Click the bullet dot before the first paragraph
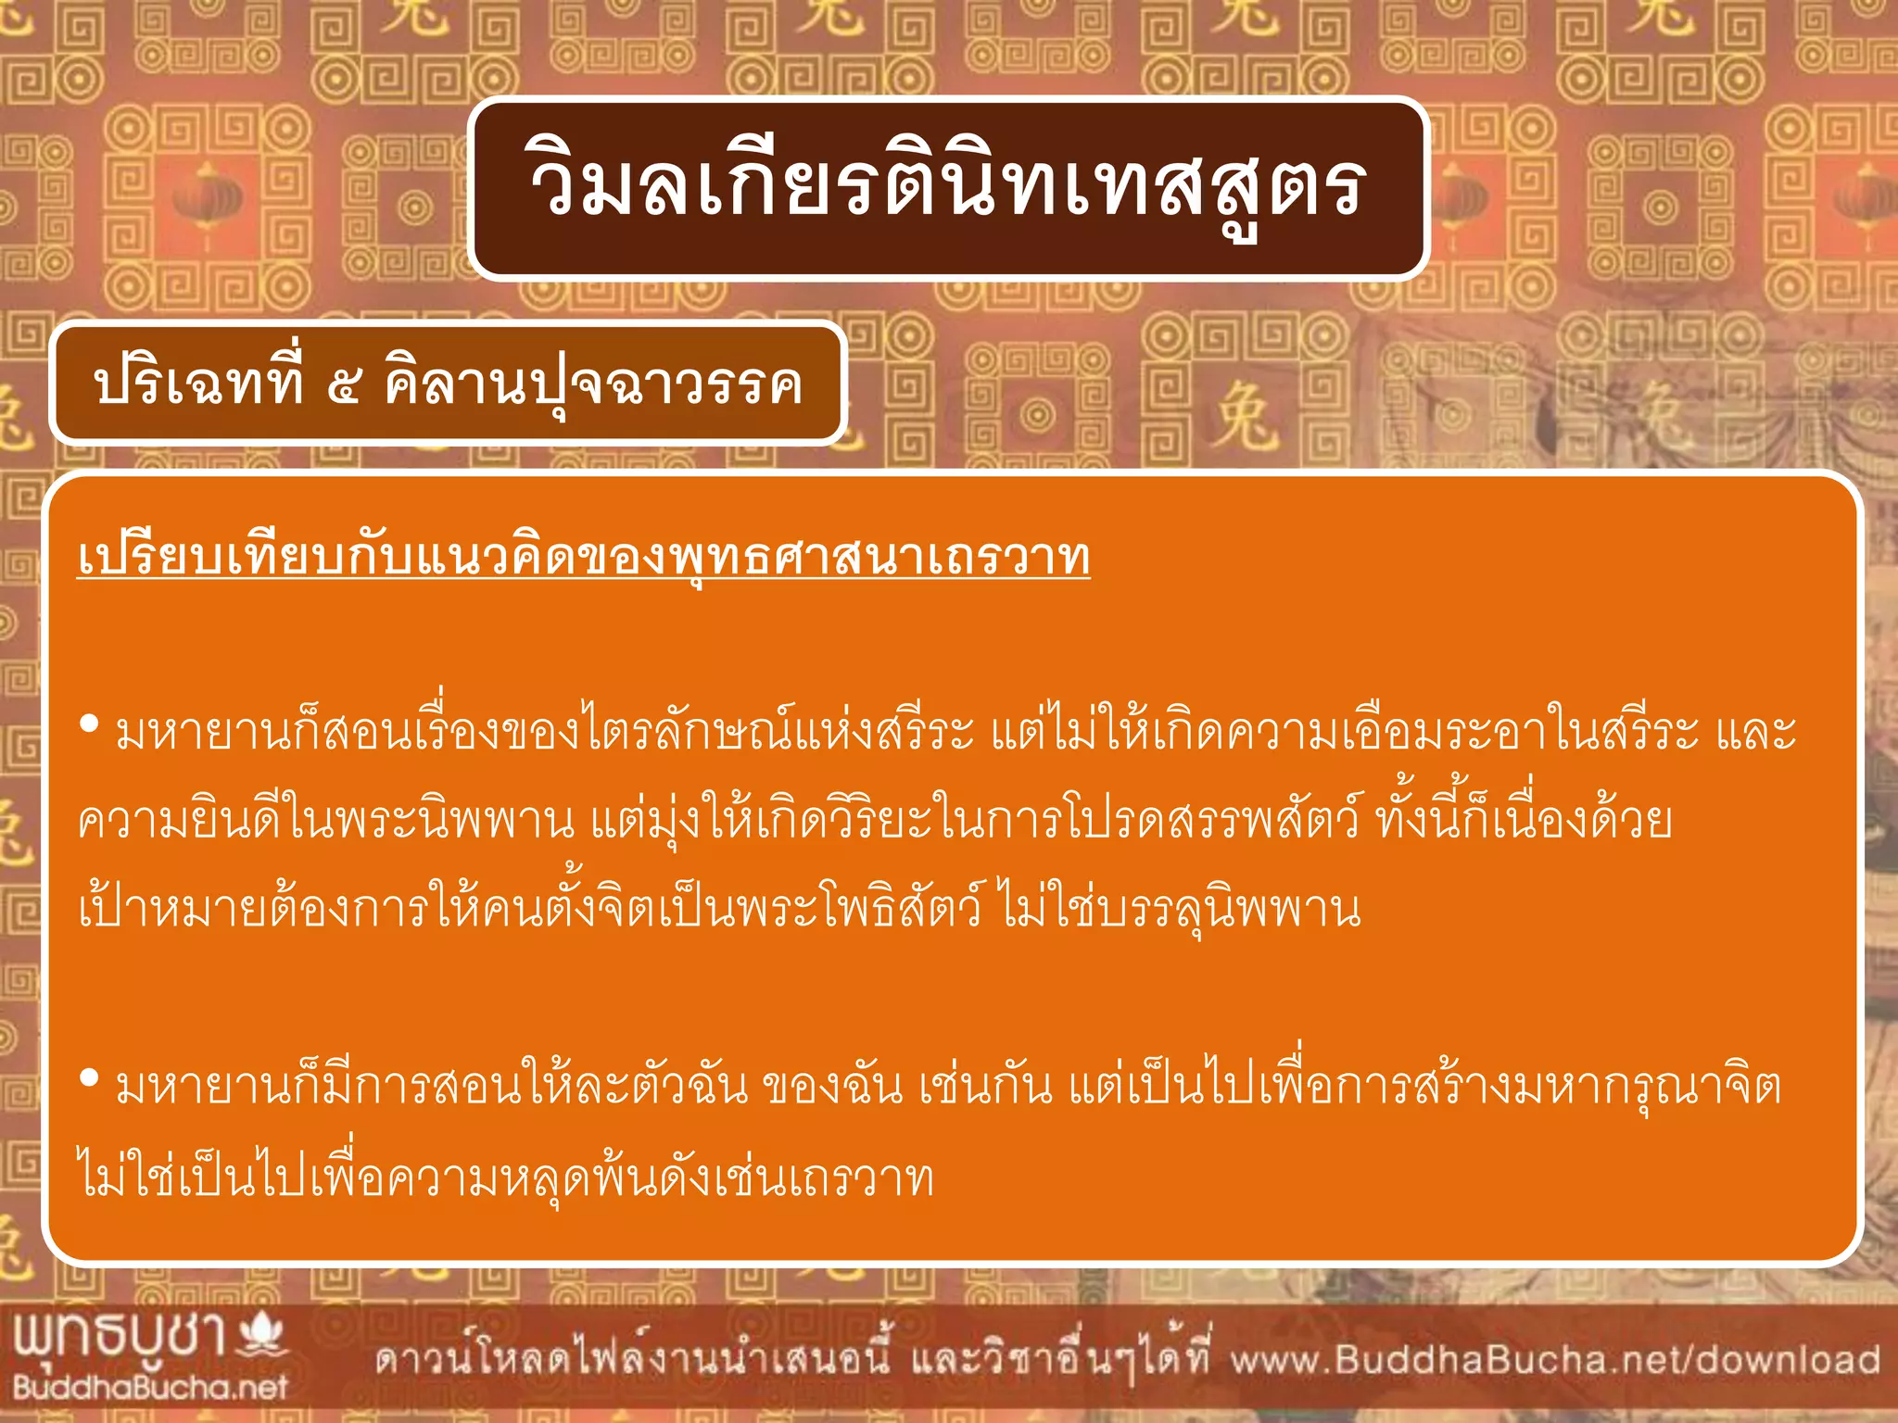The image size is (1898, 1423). pos(89,724)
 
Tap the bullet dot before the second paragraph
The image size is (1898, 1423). pos(89,1077)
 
